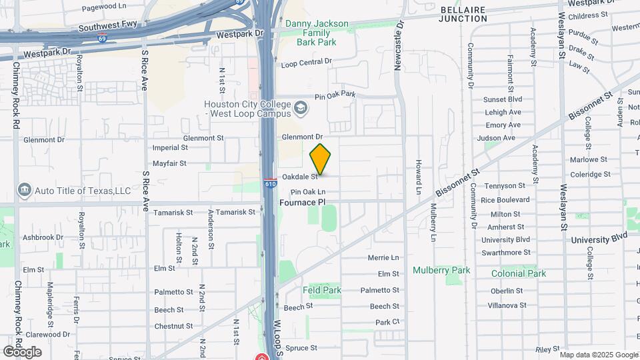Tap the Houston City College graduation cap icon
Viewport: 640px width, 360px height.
click(x=301, y=107)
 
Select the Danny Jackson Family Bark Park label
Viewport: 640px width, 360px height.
click(x=317, y=32)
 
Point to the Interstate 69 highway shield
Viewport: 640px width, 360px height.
click(x=102, y=39)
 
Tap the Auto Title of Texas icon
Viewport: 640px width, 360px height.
click(x=25, y=191)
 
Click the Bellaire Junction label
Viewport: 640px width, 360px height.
click(x=463, y=14)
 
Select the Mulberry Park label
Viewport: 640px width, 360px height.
click(x=441, y=270)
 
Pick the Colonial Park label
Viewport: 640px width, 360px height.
click(x=518, y=273)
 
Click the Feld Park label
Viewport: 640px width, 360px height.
click(x=321, y=290)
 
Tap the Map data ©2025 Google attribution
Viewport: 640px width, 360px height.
click(x=598, y=354)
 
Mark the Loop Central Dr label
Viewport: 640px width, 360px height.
click(x=306, y=63)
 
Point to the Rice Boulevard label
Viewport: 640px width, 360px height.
click(x=505, y=199)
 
